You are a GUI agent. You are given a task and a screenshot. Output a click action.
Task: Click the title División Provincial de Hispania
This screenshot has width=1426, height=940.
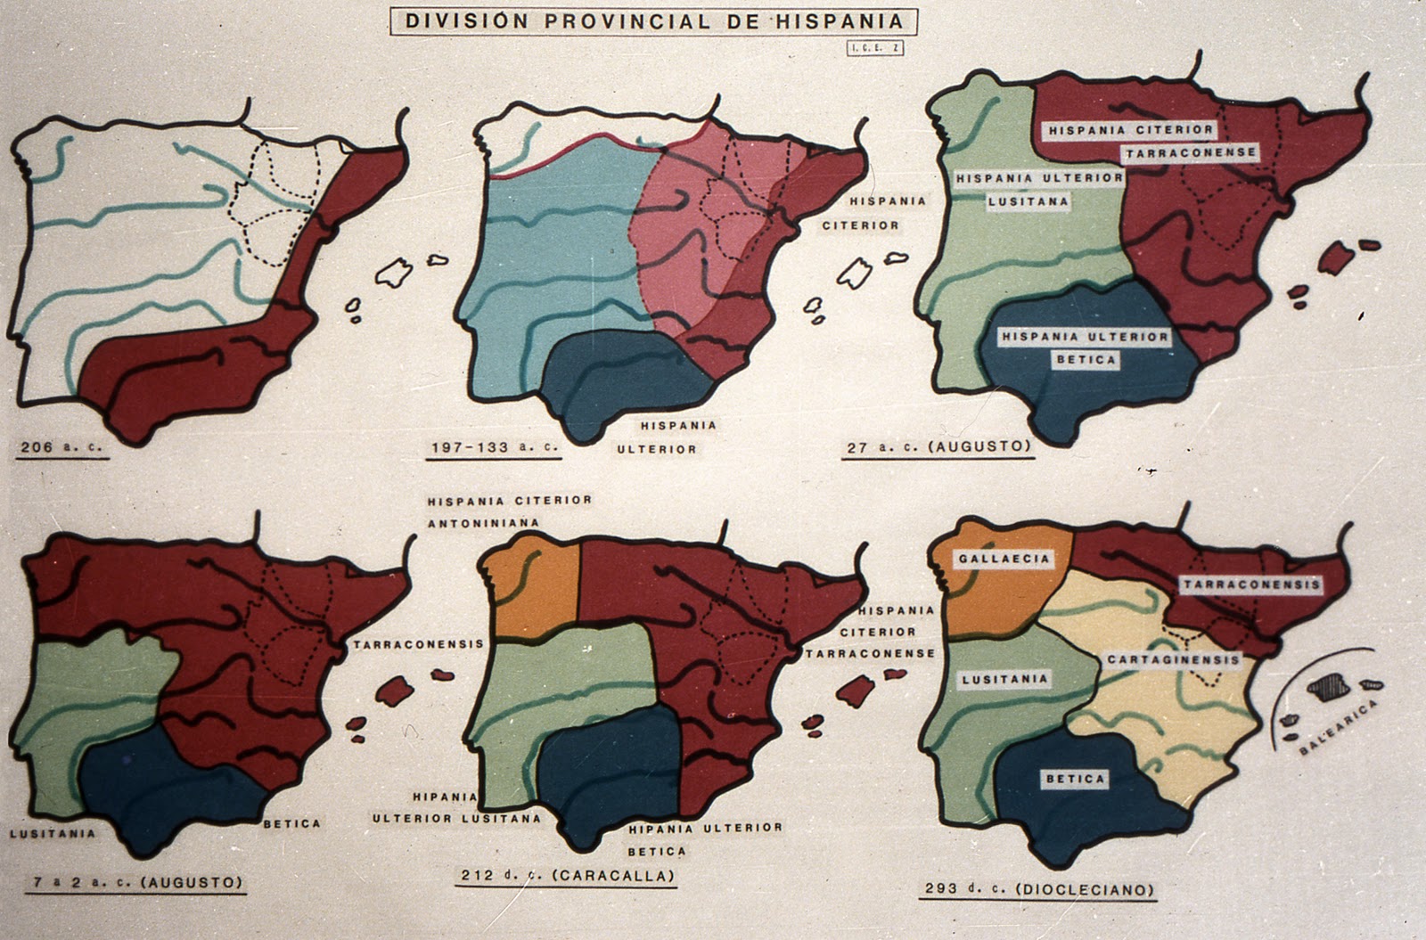point(654,21)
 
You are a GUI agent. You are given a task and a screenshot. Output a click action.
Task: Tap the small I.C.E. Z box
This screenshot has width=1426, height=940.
point(875,48)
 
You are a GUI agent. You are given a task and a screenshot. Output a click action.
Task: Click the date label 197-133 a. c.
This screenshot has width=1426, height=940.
point(493,447)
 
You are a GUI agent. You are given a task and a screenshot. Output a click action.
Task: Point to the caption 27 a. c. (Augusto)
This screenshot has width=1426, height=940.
point(938,447)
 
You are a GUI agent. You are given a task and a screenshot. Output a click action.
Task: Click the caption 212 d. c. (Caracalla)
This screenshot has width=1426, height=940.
point(567,876)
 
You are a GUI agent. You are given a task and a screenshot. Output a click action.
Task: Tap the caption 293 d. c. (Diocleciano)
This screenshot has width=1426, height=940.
point(1038,889)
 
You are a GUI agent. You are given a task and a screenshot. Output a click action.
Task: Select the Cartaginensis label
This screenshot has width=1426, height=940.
point(1174,660)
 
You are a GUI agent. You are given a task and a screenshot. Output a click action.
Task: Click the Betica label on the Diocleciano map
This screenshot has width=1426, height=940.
point(1076,779)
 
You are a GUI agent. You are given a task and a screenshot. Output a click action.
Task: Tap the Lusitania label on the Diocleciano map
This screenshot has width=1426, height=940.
point(1005,679)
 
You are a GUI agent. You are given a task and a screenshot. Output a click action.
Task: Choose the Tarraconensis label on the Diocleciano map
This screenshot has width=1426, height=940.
point(1251,584)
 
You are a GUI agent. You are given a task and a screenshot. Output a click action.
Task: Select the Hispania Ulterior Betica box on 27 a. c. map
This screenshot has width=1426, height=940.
point(1085,347)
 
